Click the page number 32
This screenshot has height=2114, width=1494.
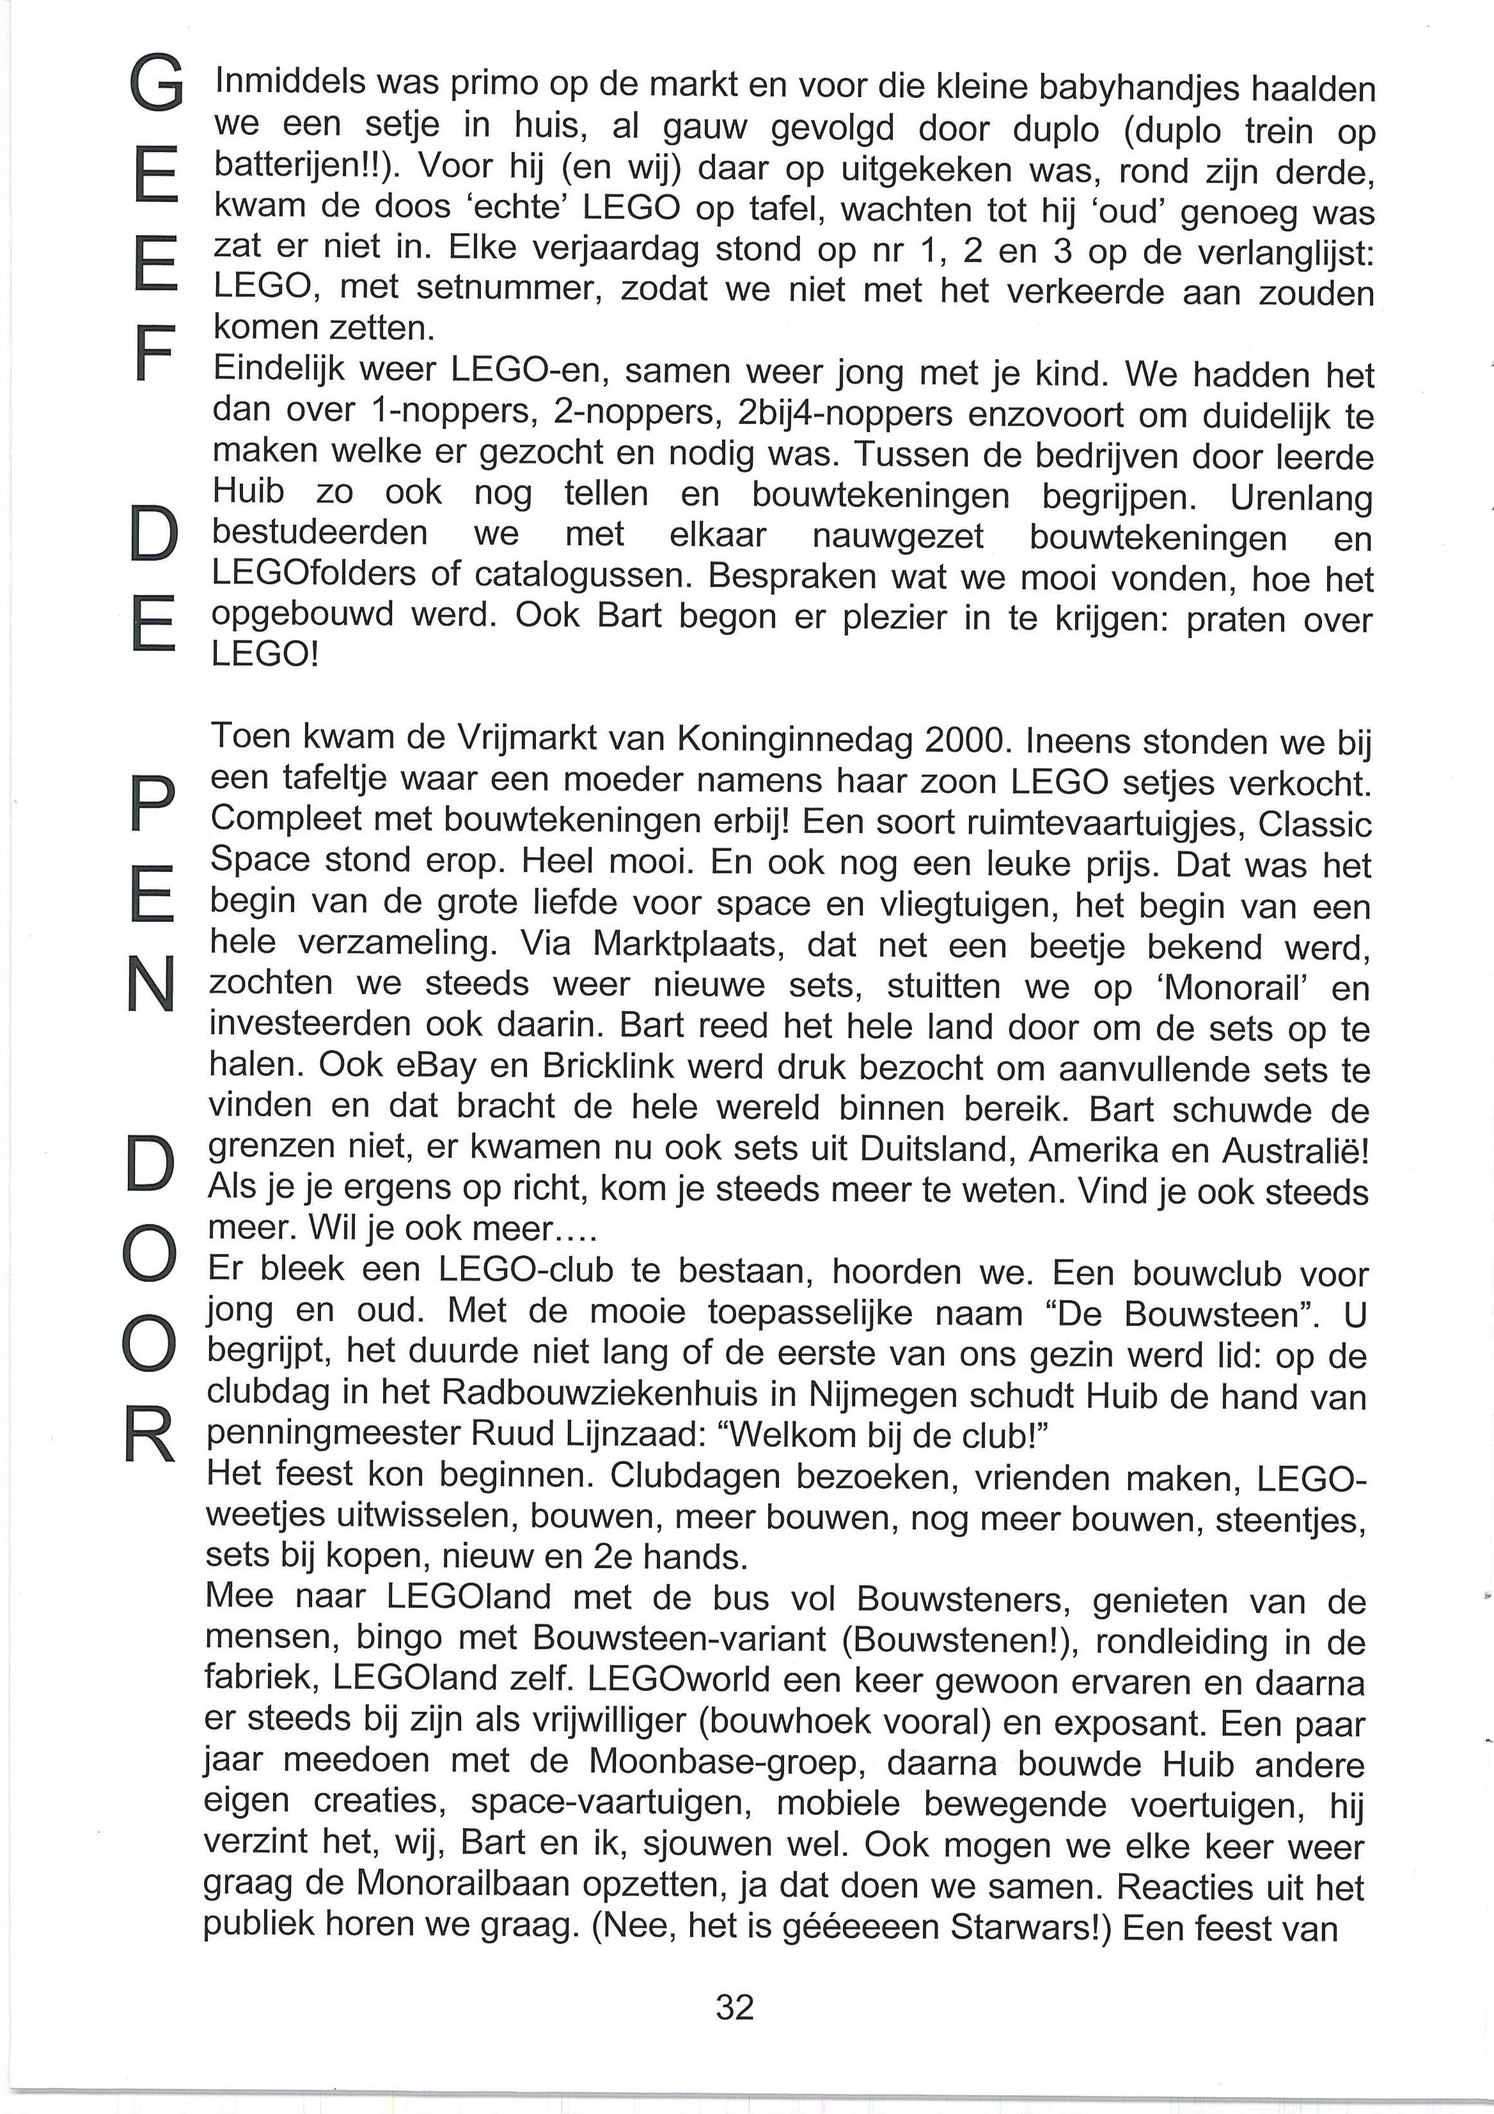pyautogui.click(x=734, y=2005)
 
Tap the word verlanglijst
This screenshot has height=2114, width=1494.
pyautogui.click(x=1271, y=253)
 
